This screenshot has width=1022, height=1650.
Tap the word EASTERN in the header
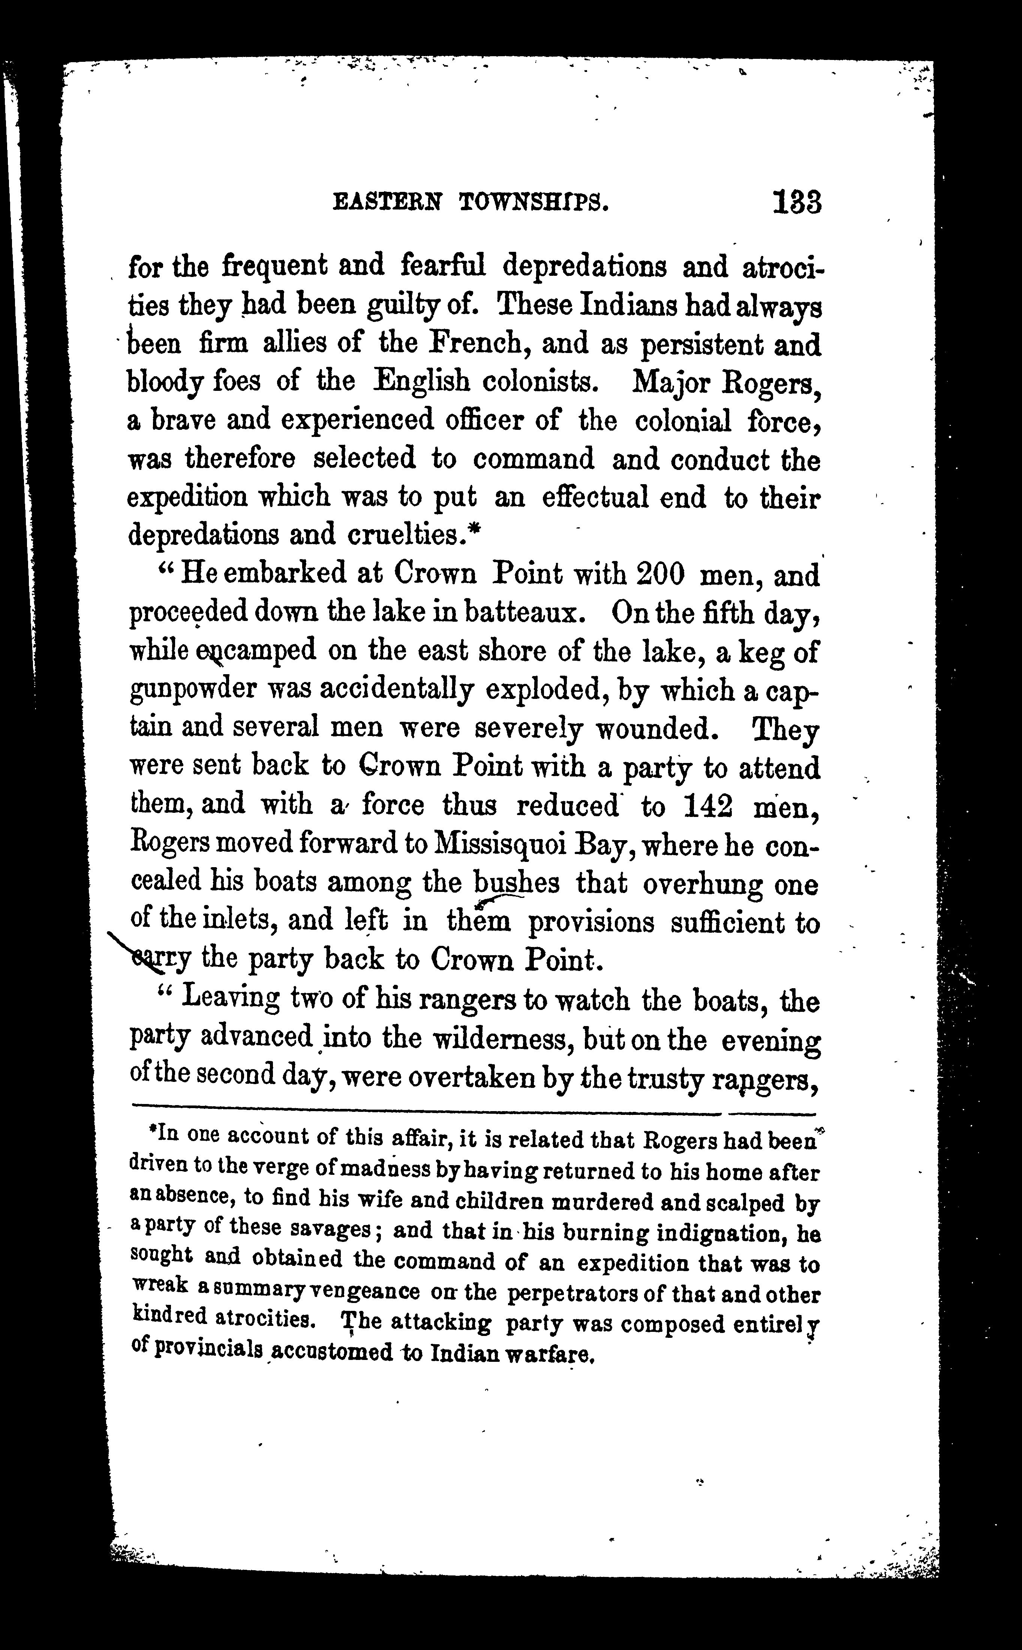388,202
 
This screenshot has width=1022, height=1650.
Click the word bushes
516,883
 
